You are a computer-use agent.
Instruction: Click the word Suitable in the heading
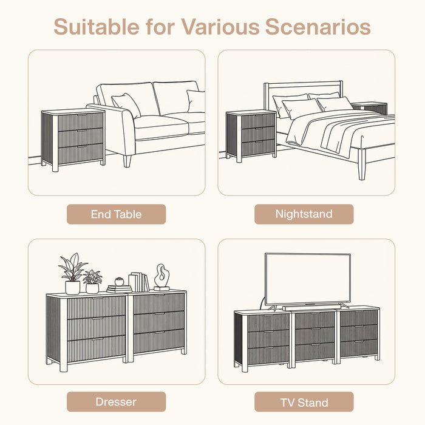(x=97, y=27)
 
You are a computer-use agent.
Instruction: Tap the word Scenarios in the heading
(x=318, y=27)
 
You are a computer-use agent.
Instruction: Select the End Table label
(x=117, y=214)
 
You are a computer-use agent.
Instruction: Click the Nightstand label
(x=304, y=214)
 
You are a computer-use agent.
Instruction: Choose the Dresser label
(x=117, y=402)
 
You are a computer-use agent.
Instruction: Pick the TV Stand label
(x=304, y=402)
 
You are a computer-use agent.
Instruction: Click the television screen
(x=308, y=279)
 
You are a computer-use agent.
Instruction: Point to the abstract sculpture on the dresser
(x=162, y=277)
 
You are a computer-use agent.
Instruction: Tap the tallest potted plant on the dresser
(x=72, y=274)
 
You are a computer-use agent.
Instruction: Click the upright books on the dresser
(x=139, y=282)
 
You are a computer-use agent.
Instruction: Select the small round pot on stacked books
(x=119, y=281)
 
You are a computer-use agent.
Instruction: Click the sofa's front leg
(x=127, y=161)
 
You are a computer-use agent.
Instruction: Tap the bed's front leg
(x=362, y=165)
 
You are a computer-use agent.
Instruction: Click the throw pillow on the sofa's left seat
(x=126, y=105)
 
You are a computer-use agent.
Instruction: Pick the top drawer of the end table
(x=81, y=122)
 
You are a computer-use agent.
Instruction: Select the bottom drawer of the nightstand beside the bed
(x=258, y=148)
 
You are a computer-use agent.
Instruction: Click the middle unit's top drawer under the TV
(x=314, y=321)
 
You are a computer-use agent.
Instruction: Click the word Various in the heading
(x=220, y=27)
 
